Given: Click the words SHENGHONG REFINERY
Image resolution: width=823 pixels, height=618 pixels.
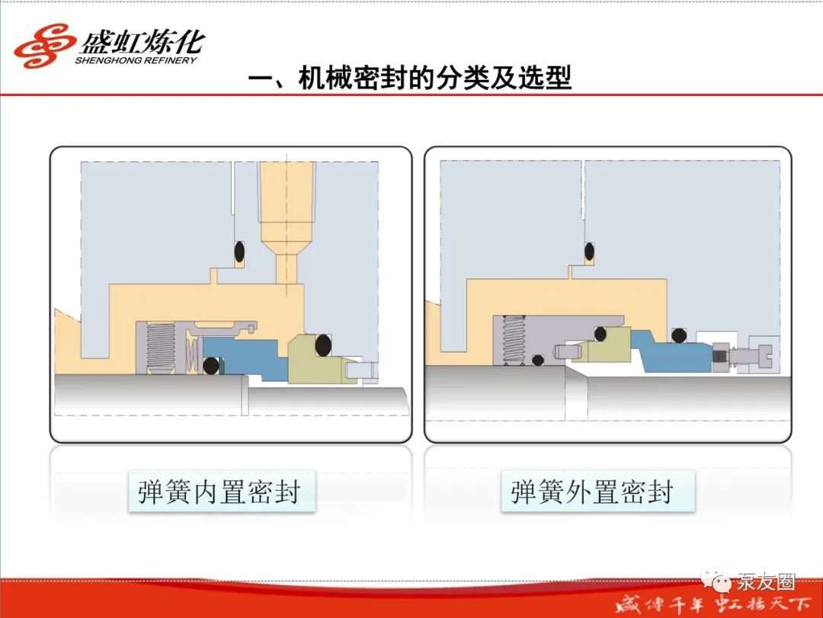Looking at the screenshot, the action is [x=136, y=60].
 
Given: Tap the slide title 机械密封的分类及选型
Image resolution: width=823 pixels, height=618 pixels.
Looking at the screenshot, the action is [x=434, y=78].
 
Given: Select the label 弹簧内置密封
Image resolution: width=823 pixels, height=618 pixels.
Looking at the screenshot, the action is [x=220, y=492].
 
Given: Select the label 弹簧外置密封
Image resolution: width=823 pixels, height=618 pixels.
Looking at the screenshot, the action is [x=592, y=492].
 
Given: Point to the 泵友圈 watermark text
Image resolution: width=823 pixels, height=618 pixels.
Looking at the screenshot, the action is [x=766, y=581].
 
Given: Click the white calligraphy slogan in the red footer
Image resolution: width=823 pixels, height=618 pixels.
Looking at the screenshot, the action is [x=713, y=604].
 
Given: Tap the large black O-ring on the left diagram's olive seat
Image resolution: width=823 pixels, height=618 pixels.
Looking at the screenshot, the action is [x=323, y=345].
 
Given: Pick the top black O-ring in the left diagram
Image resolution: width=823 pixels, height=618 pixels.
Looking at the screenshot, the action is [x=239, y=251].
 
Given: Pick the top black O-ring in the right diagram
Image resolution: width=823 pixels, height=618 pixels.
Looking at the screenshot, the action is [x=589, y=251].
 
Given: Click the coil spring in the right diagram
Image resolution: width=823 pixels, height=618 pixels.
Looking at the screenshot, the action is [x=514, y=340].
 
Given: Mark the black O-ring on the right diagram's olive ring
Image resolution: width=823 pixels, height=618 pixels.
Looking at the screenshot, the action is [x=600, y=334].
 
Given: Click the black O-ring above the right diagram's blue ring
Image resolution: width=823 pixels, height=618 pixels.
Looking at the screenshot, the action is [x=679, y=335].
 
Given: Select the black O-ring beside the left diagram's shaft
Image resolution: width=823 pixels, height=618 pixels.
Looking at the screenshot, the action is [x=211, y=366].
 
